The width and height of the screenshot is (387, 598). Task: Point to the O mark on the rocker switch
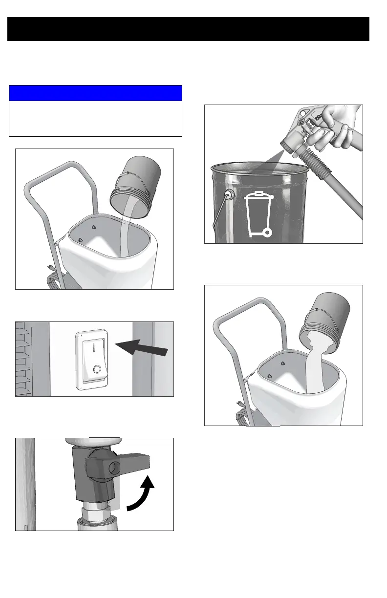pyautogui.click(x=97, y=369)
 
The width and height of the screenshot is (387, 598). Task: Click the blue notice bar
pyautogui.click(x=95, y=93)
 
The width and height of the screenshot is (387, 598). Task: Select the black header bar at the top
pyautogui.click(x=188, y=29)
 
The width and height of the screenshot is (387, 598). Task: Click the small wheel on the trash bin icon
pyautogui.click(x=266, y=233)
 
